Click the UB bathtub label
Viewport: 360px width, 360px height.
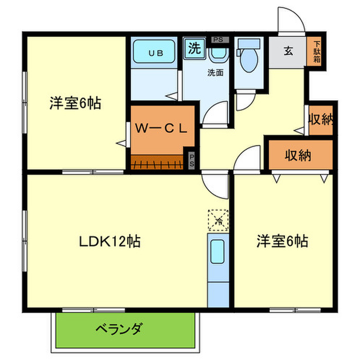tap(154, 52)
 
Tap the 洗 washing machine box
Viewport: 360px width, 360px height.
tap(194, 48)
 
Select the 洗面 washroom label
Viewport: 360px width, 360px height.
tap(215, 73)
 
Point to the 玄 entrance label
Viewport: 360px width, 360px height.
tap(289, 51)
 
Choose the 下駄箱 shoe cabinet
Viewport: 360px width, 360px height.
tap(317, 52)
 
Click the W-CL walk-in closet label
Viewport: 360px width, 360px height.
tap(160, 128)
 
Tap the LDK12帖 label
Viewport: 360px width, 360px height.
tap(110, 241)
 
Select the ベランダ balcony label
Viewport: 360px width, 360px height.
tap(119, 328)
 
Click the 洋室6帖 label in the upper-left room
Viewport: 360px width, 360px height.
tap(75, 103)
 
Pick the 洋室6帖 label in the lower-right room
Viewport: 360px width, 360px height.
tap(282, 241)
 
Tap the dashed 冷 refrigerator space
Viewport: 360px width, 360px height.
tap(218, 220)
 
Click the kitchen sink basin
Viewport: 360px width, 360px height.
tap(218, 253)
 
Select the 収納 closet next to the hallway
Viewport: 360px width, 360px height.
tap(320, 119)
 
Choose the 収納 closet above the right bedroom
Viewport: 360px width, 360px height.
tap(301, 155)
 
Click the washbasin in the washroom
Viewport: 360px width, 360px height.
tap(219, 53)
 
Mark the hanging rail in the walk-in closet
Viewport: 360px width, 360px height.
tap(157, 164)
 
